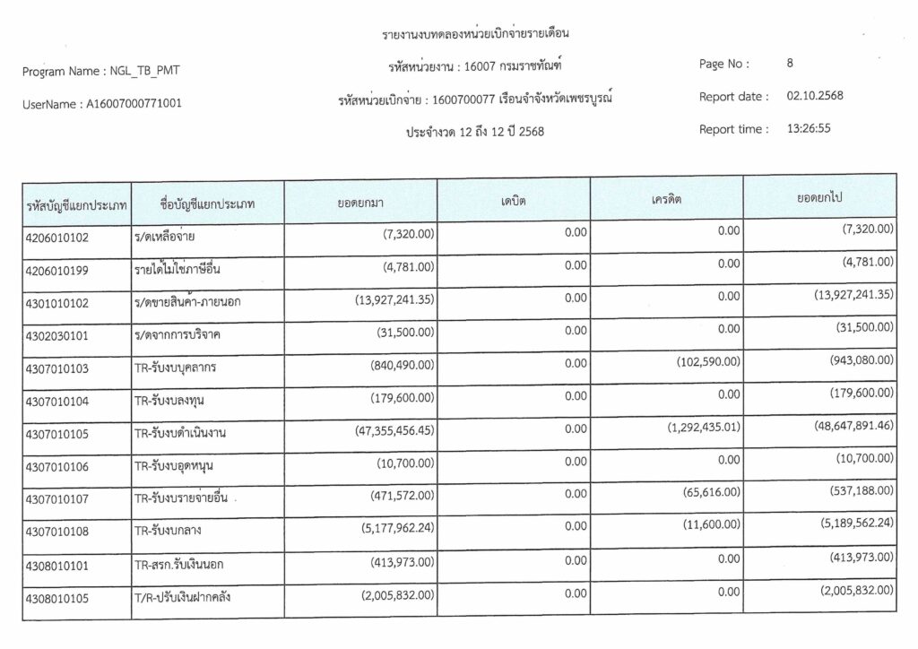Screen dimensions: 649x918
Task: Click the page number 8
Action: point(789,64)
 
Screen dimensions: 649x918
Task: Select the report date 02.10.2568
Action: point(814,96)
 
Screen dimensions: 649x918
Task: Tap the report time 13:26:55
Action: point(809,128)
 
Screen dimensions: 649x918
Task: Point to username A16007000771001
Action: point(134,104)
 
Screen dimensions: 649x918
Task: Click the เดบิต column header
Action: point(513,201)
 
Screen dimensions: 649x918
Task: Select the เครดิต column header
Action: point(667,199)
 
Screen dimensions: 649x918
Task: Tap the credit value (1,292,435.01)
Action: point(704,427)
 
